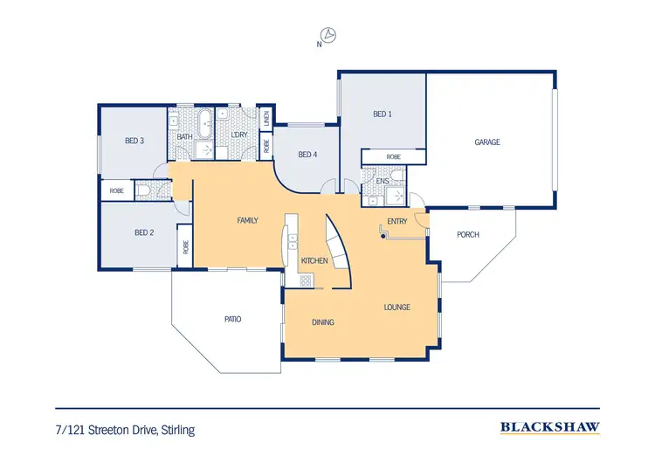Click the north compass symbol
point(329,35)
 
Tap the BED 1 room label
point(382,114)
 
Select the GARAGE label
point(487,142)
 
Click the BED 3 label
point(134,141)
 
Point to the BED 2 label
point(144,232)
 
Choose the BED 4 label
point(307,155)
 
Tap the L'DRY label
point(238,136)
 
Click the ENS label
point(382,181)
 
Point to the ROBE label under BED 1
point(393,157)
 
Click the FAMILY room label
point(247,220)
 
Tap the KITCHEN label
point(314,261)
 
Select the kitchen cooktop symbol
point(306,280)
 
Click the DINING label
point(323,322)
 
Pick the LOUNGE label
point(396,308)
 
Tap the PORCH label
point(468,235)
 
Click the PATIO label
point(232,319)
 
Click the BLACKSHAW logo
point(549,428)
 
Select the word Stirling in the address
point(175,430)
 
